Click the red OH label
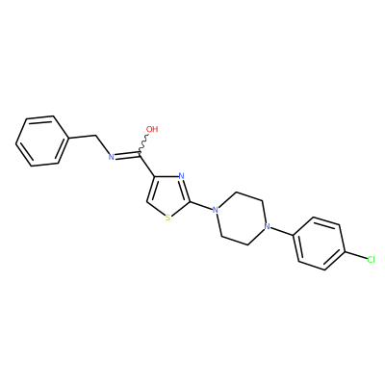(152, 129)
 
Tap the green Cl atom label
(371, 260)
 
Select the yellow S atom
(167, 218)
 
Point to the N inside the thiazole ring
(182, 176)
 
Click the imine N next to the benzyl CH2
(112, 157)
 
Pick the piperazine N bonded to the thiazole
(216, 211)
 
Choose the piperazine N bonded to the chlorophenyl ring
(266, 227)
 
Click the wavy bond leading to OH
(143, 143)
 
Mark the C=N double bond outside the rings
(127, 155)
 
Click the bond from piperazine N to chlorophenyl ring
(282, 232)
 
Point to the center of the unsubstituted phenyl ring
(42, 141)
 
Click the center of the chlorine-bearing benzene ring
(319, 244)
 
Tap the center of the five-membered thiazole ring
(169, 196)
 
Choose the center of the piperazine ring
(241, 218)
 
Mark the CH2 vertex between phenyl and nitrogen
(96, 136)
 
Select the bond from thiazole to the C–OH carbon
(147, 165)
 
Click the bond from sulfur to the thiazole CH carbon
(156, 209)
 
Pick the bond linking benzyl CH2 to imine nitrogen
(103, 145)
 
